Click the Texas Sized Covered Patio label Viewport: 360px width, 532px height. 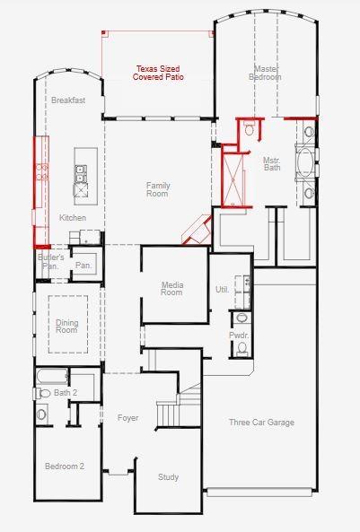[158, 73]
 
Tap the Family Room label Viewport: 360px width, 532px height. [158, 189]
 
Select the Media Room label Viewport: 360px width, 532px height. [171, 288]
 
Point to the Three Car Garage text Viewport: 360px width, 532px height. [261, 423]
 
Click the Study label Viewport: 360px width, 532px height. [168, 477]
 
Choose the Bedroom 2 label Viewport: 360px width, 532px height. [65, 467]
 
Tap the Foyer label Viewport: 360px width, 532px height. [128, 418]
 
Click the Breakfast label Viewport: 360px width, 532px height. [68, 100]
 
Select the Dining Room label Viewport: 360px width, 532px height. [67, 326]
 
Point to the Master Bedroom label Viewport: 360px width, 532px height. [265, 73]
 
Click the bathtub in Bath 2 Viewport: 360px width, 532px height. [52, 376]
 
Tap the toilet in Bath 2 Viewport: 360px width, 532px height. [41, 394]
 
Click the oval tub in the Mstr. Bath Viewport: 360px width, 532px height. [305, 162]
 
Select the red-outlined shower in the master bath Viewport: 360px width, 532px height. [233, 179]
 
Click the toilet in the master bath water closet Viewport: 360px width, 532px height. [250, 129]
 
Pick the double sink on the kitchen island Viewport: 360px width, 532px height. [81, 173]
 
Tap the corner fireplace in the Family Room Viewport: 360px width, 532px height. [198, 230]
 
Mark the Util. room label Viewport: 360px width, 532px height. [222, 290]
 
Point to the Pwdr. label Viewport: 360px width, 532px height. [239, 336]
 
